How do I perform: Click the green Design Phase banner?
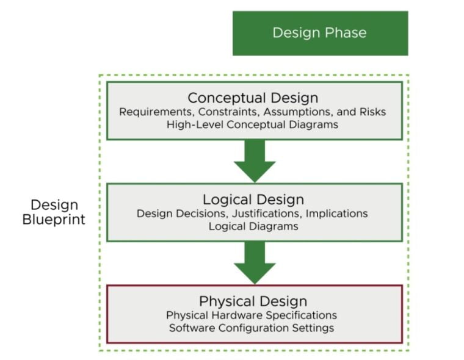pos(320,33)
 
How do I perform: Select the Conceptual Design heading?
pos(252,98)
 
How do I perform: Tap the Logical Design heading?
pos(252,200)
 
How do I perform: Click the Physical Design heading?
pos(252,301)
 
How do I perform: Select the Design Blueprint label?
pos(54,212)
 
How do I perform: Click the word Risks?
pos(372,112)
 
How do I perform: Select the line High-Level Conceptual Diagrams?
pos(252,124)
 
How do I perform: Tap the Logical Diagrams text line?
pos(252,226)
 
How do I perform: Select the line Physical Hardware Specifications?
pos(252,315)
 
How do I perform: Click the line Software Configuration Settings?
pos(252,328)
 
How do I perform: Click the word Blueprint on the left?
pos(54,219)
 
